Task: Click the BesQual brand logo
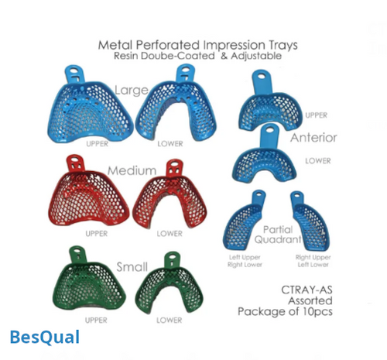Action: tap(44, 337)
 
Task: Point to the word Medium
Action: tap(132, 170)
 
